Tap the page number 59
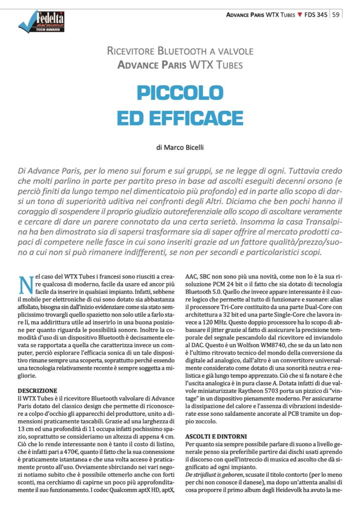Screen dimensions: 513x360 pyautogui.click(x=336, y=15)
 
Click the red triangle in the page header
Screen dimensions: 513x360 pyautogui.click(x=299, y=15)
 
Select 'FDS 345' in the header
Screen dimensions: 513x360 pyautogui.click(x=316, y=15)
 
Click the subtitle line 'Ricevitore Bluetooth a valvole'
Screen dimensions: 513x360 pyautogui.click(x=180, y=51)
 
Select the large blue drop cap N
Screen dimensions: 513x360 pyautogui.click(x=25, y=284)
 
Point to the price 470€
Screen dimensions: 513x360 pyautogui.click(x=67, y=452)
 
